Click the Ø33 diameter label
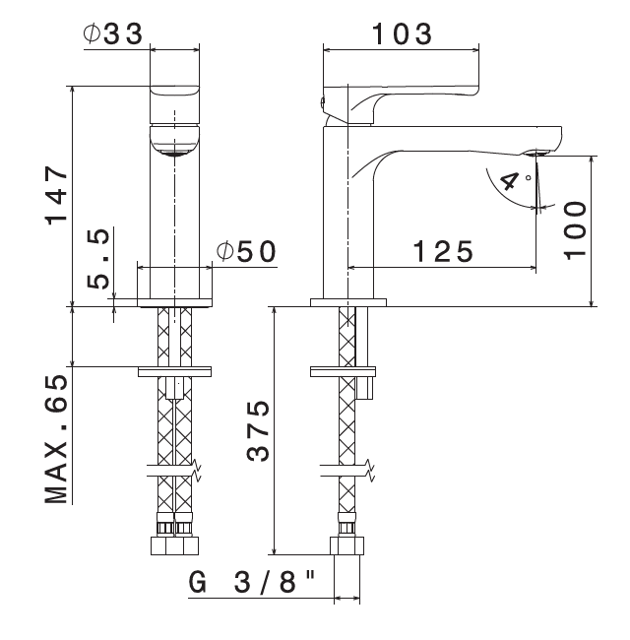coord(113,33)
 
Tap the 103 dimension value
coord(402,33)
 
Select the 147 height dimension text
coord(56,195)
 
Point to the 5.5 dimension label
coord(98,258)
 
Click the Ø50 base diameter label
coord(246,251)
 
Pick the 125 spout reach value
coord(443,251)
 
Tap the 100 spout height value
coord(575,229)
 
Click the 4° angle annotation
coord(515,180)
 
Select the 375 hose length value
coord(258,431)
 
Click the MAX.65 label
coord(56,438)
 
